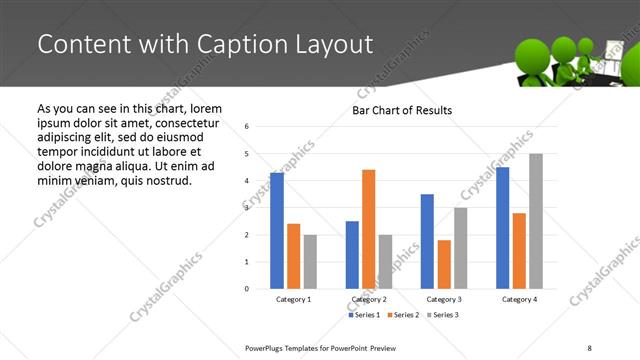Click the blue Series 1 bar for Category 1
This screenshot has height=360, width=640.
(x=277, y=231)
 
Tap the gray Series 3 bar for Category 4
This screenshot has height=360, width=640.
(x=536, y=221)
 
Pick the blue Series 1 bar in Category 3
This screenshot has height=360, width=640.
(x=427, y=241)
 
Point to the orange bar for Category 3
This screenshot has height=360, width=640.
(x=444, y=264)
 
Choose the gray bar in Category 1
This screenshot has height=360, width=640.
(x=310, y=262)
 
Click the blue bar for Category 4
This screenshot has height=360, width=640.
(x=503, y=228)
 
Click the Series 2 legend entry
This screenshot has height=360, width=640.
(x=403, y=315)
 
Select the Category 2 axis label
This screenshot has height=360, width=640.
(x=369, y=299)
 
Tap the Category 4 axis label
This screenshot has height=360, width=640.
(x=519, y=299)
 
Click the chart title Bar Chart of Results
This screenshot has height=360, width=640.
(x=401, y=110)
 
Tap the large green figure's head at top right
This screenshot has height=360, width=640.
(x=536, y=53)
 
